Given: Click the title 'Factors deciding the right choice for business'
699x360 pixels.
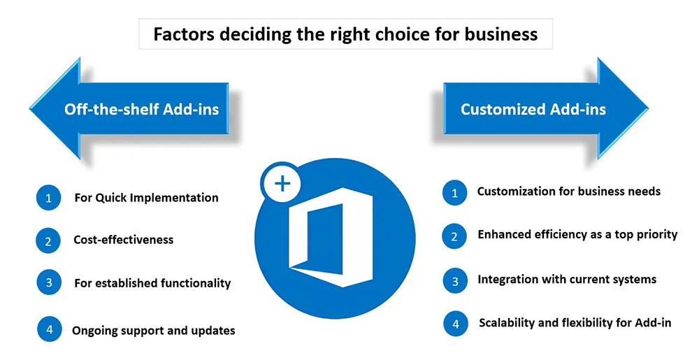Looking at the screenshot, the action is coord(345,34).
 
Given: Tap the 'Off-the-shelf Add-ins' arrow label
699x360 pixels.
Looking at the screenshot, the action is coord(142,109).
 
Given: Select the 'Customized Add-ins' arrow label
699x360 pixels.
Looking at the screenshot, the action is coord(533,109).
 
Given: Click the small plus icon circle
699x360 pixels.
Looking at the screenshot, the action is coord(282,183).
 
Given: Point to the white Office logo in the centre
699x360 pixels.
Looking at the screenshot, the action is coord(330,237).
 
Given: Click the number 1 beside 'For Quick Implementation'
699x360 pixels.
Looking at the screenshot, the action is coord(49,198).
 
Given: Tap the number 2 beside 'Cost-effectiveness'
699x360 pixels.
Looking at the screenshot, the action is coord(48,241).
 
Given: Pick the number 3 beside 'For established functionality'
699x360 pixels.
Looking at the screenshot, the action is coord(49,282).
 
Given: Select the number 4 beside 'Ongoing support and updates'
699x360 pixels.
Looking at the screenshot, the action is coord(50,329).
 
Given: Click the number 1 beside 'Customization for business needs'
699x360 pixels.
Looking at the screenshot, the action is coord(455,193).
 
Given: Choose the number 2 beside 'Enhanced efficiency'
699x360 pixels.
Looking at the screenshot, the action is coord(454,236).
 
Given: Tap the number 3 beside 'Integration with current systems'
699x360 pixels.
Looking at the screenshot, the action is coord(455,281).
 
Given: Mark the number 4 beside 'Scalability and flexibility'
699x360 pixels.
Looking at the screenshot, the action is coord(456,324).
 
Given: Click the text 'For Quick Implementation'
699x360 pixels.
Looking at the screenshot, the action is coord(147,198).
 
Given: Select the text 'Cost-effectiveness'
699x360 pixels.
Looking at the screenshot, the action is coord(124,240).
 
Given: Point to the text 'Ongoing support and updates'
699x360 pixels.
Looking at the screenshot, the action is coord(154,331).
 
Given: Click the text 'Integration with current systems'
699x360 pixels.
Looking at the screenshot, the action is coord(567,280).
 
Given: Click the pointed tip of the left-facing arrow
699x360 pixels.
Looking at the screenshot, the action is coord(30,108).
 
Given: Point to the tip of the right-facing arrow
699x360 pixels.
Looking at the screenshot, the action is coord(648,108).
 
